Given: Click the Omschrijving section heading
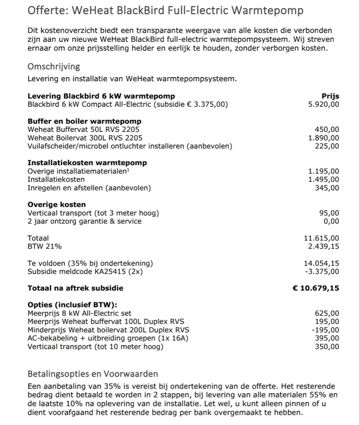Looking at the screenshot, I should [x=54, y=67].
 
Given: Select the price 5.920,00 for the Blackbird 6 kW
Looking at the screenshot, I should [x=323, y=105].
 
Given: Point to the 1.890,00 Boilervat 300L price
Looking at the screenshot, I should [x=323, y=138].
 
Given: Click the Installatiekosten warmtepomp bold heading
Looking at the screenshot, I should [x=87, y=163].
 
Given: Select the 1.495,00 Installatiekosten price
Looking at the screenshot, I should [x=323, y=180].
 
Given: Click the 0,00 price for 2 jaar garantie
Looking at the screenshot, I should [x=331, y=221].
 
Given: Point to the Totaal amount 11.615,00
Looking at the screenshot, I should [x=321, y=239].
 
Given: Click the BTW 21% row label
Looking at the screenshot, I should [x=45, y=246].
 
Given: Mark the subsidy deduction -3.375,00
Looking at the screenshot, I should [x=322, y=271].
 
